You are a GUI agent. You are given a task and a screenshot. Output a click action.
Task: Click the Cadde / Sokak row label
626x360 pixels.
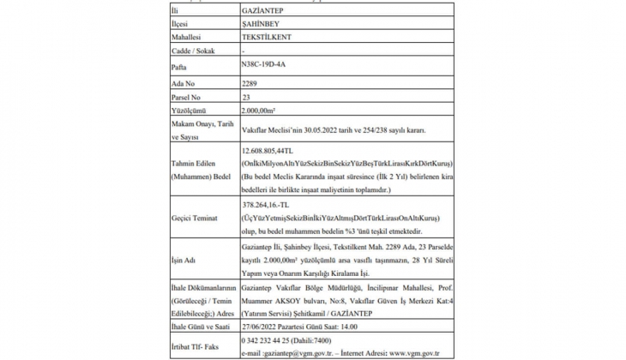[x=195, y=51]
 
